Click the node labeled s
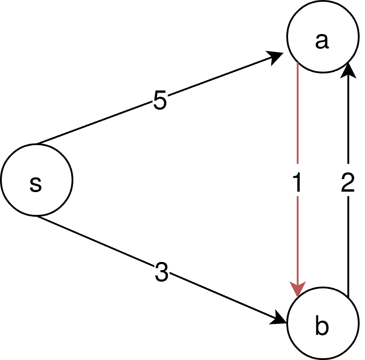coord(37,180)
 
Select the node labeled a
coord(323,37)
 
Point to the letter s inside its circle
coord(35,183)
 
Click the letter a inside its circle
coord(322,41)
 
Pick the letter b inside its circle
coord(322,326)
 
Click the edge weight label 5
coord(160,101)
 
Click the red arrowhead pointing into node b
coord(298,289)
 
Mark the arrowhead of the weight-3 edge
coord(280,319)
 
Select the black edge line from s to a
coord(98,123)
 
